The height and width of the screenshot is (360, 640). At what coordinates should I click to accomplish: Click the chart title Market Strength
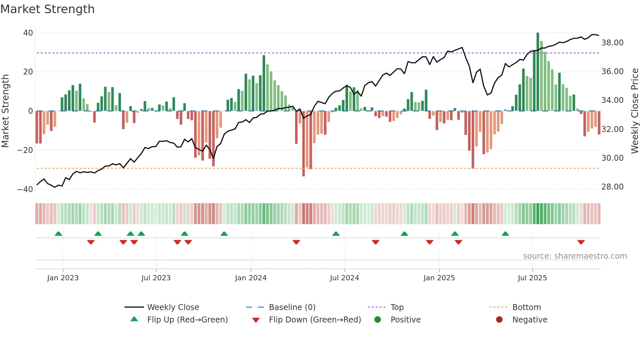point(47,9)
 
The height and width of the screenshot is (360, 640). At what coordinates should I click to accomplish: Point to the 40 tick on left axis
point(28,33)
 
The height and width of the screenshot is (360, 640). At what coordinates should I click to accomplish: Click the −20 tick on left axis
point(25,150)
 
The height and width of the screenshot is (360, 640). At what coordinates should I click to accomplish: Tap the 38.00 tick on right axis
point(612,43)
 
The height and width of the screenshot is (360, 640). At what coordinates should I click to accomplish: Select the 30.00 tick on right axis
point(612,158)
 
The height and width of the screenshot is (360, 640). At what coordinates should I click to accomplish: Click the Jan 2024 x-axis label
point(250,278)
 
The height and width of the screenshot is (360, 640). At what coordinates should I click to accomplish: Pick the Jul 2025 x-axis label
point(532,278)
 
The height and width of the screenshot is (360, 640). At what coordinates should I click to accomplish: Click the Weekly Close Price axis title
point(634,111)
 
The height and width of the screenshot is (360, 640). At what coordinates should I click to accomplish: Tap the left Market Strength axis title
point(6,111)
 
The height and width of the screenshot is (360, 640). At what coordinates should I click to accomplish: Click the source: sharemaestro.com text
point(575,256)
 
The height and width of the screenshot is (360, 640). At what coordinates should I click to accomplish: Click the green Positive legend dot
point(377,320)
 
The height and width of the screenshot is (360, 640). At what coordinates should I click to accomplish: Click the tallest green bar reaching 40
point(537,72)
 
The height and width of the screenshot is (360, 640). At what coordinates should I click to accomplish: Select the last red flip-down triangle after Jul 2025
point(581,242)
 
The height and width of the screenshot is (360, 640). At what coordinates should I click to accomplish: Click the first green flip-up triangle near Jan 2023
point(58,234)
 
